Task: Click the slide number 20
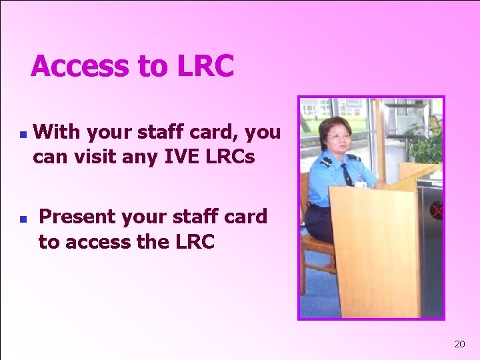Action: coord(459,344)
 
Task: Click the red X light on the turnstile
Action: coord(437,211)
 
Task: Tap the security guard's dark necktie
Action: coord(347,175)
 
